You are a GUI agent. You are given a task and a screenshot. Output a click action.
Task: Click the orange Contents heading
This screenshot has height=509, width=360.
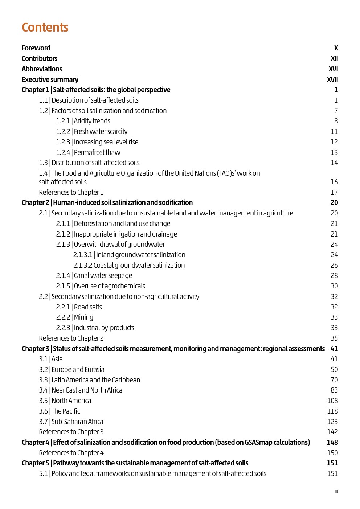click(x=45, y=28)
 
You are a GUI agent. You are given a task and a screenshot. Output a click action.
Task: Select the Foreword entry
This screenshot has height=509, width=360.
click(x=36, y=48)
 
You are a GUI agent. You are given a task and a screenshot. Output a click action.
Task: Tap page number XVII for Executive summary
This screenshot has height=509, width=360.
click(x=332, y=79)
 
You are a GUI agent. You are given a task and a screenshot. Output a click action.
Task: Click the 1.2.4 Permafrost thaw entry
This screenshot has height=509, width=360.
click(x=88, y=152)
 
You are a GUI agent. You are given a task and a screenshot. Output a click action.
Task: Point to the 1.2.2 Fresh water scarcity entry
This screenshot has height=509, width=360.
click(x=92, y=131)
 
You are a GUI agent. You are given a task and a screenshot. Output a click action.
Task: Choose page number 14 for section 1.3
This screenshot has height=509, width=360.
click(x=334, y=163)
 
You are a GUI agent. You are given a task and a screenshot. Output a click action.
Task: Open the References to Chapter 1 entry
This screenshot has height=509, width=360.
click(x=71, y=192)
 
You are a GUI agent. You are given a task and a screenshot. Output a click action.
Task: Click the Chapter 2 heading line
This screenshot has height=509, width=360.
click(x=107, y=202)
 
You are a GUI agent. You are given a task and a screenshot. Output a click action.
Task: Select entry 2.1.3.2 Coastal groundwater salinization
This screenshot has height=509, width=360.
click(x=129, y=265)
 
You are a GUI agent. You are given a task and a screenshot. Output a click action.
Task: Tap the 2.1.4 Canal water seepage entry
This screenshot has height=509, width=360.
click(x=94, y=275)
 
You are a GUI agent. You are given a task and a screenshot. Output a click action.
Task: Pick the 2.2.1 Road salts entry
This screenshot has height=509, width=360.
click(x=79, y=307)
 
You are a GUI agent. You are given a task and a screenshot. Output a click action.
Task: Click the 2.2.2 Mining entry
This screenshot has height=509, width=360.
click(x=74, y=317)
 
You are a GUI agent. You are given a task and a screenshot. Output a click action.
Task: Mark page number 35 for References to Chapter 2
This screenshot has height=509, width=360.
click(x=334, y=338)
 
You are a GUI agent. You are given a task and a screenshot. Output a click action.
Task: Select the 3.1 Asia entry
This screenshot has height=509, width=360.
click(x=51, y=359)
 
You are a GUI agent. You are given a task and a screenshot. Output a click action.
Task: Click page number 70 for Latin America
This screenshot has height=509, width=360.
click(x=334, y=380)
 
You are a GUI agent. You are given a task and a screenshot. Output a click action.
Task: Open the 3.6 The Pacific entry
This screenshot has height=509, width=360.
click(x=60, y=411)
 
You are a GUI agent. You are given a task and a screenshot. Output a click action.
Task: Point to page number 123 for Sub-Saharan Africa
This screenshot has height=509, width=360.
click(x=332, y=422)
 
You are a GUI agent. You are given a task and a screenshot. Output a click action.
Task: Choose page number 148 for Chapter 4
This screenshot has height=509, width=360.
click(x=332, y=442)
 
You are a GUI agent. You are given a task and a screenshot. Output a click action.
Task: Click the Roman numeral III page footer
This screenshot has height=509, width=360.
click(x=336, y=492)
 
